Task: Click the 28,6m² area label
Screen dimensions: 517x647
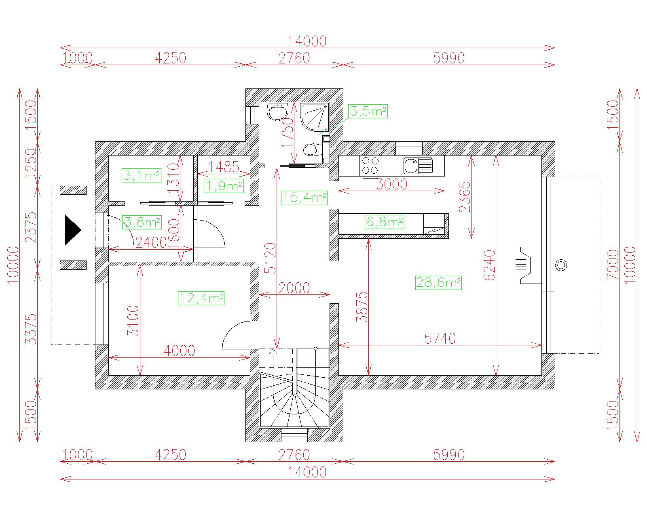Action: point(438,282)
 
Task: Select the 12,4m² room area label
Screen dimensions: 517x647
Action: point(201,298)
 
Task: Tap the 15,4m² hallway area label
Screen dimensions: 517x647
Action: point(304,198)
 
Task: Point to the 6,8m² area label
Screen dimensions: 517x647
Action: point(384,222)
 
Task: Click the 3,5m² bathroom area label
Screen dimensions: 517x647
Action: point(368,111)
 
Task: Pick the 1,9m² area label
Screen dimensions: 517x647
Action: point(224,186)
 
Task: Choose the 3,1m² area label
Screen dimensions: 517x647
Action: point(142,176)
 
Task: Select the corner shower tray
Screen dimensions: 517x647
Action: point(315,117)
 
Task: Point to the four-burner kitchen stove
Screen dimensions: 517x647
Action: point(370,166)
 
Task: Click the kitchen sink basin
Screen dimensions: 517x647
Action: point(411,165)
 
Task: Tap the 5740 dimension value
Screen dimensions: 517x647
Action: point(440,338)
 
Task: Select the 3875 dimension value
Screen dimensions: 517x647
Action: point(362,307)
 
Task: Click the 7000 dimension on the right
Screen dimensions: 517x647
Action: point(613,265)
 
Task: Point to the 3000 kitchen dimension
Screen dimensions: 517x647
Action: point(391,185)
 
